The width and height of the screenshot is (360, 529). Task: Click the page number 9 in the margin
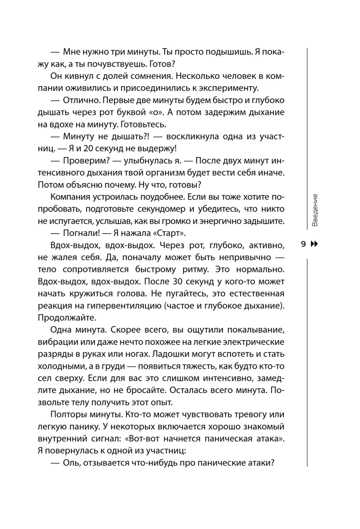303,244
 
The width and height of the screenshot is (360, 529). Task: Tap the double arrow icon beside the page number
315,244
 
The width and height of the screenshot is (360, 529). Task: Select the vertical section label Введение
315,210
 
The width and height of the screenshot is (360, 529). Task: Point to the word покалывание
253,330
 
